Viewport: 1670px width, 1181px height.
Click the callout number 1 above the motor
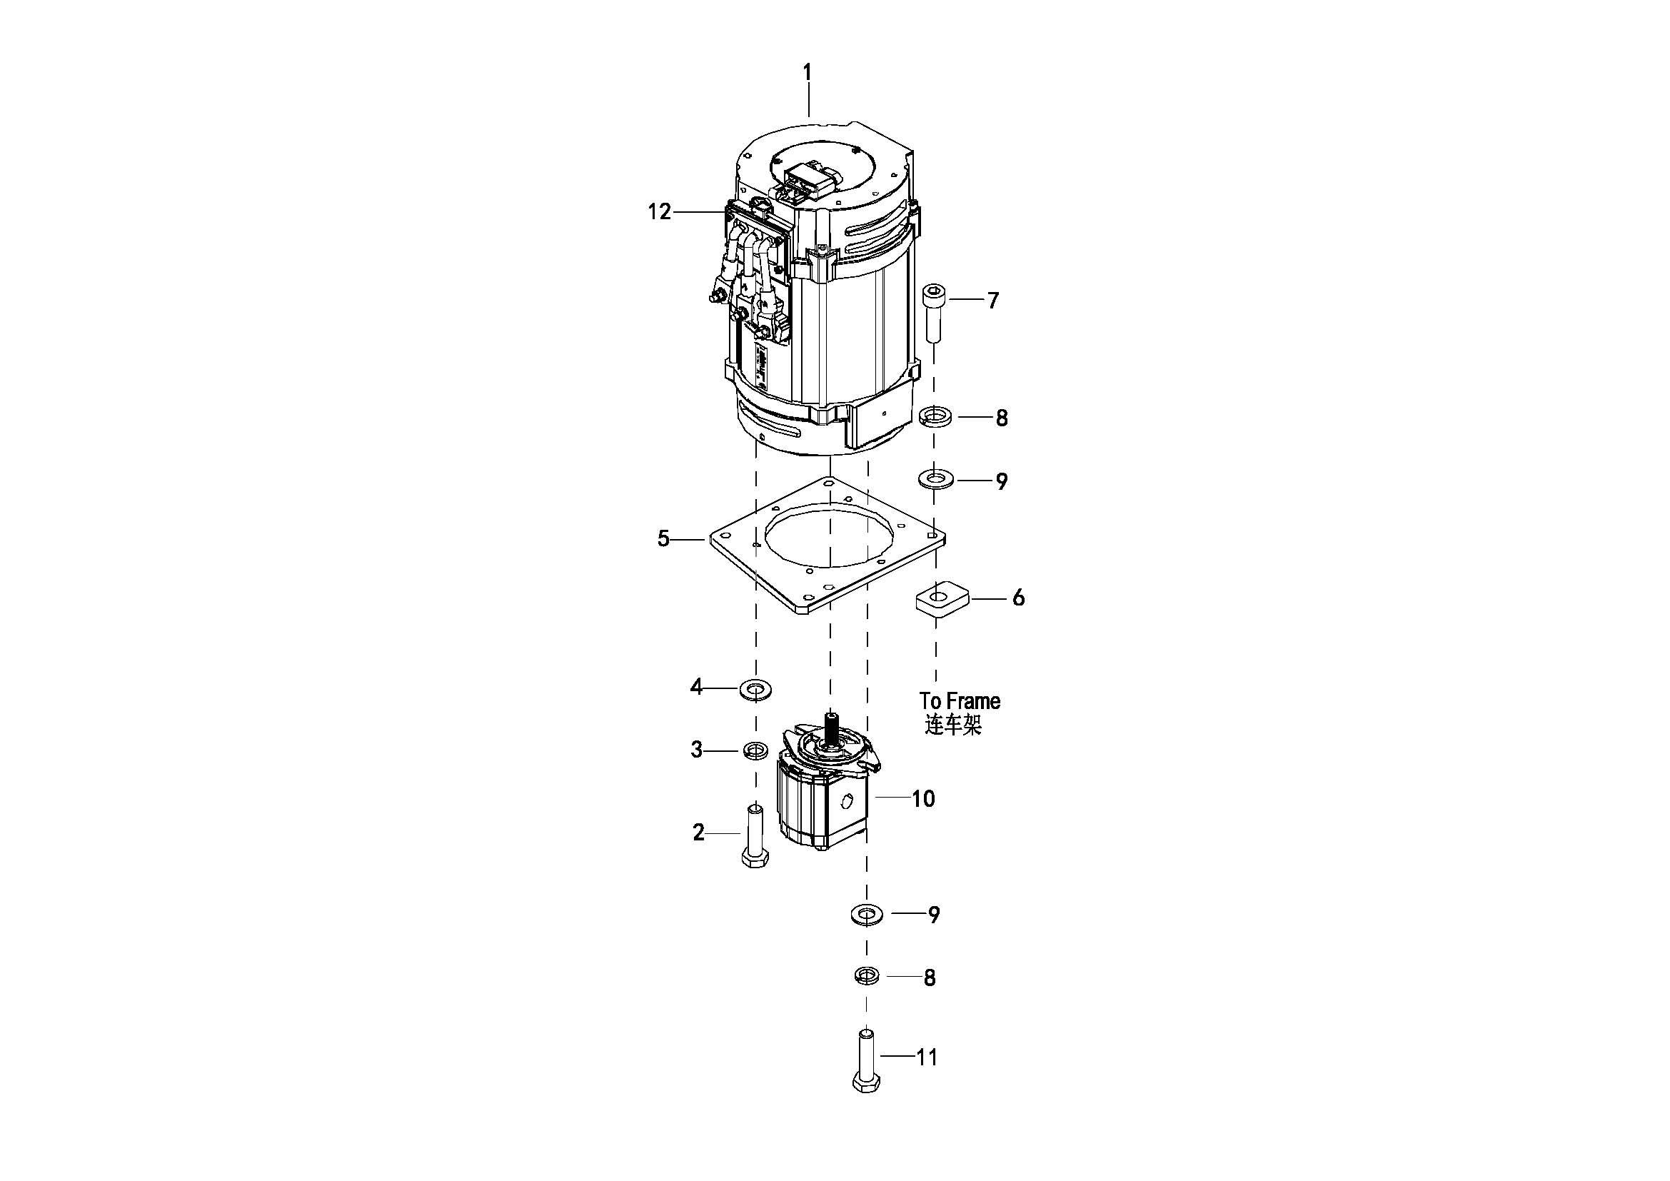pyautogui.click(x=807, y=74)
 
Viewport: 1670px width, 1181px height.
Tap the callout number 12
pyautogui.click(x=660, y=212)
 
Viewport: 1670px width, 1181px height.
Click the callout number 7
pyautogui.click(x=993, y=301)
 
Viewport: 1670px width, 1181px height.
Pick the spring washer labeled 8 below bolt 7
pyautogui.click(x=934, y=418)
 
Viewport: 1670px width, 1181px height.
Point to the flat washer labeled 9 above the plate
pyautogui.click(x=935, y=480)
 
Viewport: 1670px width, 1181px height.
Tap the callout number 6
pyautogui.click(x=1018, y=598)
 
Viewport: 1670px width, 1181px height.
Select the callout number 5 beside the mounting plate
pyautogui.click(x=663, y=539)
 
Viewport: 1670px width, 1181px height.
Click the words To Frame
pyautogui.click(x=960, y=701)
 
